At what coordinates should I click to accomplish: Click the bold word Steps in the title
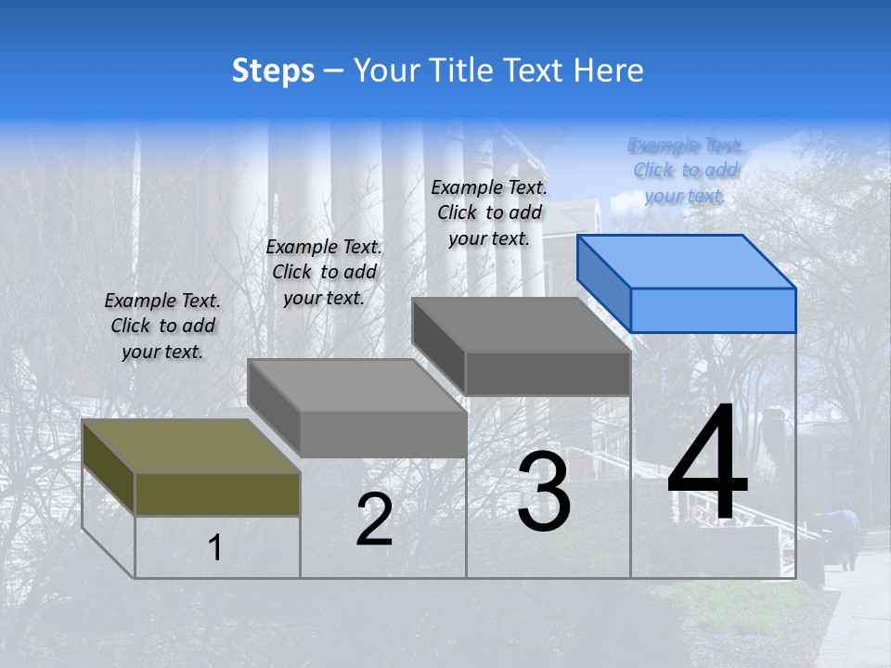[x=272, y=71]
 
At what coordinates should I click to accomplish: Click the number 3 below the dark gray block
[x=544, y=491]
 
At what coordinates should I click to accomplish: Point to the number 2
[x=374, y=520]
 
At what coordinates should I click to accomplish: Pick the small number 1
[x=215, y=547]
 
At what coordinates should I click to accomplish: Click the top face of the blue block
[x=686, y=261]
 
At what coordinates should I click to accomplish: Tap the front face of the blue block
[x=713, y=310]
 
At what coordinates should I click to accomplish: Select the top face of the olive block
[x=190, y=445]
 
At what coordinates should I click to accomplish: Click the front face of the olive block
[x=217, y=494]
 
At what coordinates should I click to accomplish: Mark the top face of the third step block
[x=521, y=325]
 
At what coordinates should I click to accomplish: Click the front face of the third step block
[x=548, y=374]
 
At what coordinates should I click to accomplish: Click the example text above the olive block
[x=162, y=327]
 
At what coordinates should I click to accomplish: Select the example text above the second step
[x=324, y=272]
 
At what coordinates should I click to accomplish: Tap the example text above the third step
[x=489, y=212]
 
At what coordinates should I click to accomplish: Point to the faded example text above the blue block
[x=685, y=171]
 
